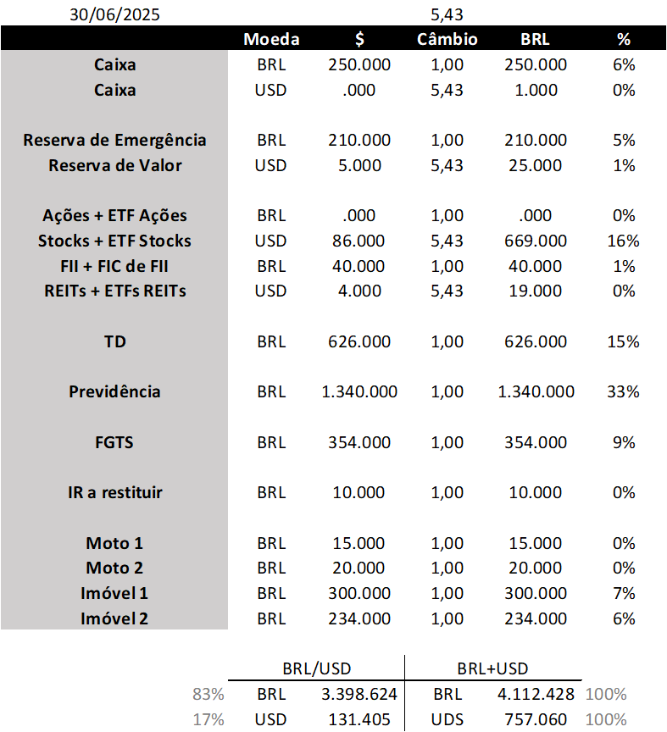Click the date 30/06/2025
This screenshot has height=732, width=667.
click(x=114, y=14)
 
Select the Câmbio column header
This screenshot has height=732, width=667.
click(x=447, y=40)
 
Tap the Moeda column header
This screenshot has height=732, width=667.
click(x=271, y=40)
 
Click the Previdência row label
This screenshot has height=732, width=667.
click(x=114, y=391)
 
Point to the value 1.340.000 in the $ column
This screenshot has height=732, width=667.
click(x=359, y=391)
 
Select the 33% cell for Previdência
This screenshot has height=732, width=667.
click(x=624, y=391)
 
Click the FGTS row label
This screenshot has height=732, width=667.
click(x=114, y=442)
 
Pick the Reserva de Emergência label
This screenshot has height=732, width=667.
click(x=114, y=140)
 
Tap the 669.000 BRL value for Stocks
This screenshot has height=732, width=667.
click(x=536, y=241)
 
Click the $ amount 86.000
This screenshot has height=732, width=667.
click(x=359, y=241)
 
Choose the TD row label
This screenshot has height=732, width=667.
click(x=114, y=341)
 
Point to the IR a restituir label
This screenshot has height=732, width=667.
click(x=114, y=492)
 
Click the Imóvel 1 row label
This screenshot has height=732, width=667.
click(x=114, y=593)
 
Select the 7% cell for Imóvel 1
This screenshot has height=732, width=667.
click(x=624, y=593)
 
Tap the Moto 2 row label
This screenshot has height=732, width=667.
click(x=114, y=568)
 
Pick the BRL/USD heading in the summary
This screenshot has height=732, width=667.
click(x=316, y=668)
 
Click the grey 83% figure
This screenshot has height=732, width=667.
click(x=208, y=695)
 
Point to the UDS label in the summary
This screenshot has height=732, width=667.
click(x=447, y=719)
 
